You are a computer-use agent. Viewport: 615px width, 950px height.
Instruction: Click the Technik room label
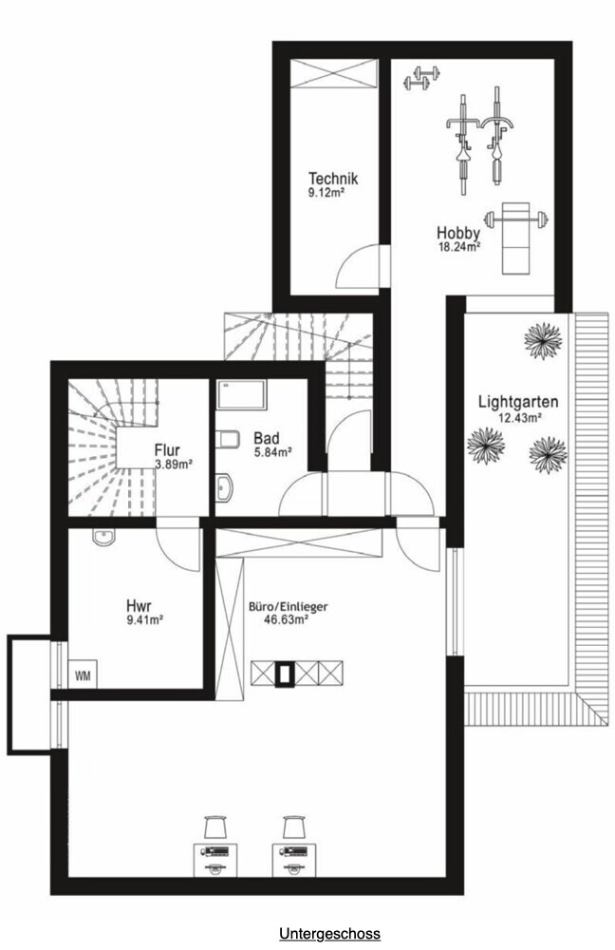[333, 179]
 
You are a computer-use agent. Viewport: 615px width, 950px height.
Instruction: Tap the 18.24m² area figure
[459, 247]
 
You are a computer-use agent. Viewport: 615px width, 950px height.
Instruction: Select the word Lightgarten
[518, 402]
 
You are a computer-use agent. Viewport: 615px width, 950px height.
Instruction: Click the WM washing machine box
[83, 674]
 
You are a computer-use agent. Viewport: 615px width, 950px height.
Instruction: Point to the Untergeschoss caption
[330, 933]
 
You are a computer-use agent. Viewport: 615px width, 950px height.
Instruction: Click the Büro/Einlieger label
[289, 606]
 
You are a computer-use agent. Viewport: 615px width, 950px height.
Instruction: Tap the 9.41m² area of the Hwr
[144, 619]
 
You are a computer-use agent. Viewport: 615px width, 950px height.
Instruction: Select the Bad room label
[267, 438]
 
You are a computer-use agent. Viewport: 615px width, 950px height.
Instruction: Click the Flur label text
[167, 450]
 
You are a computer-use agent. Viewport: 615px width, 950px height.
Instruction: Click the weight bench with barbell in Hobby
[515, 237]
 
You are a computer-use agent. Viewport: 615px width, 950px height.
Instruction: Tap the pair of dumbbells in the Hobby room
[420, 78]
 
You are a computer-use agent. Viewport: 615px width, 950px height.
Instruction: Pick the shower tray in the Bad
[241, 394]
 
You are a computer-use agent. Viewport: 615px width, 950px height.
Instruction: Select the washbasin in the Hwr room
[103, 537]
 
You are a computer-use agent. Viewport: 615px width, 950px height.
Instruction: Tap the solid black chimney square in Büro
[284, 674]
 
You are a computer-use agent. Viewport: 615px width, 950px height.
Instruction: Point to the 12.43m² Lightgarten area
[519, 417]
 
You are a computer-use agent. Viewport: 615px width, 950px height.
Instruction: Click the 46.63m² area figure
[287, 618]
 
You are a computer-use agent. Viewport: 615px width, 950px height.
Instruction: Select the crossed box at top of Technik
[333, 74]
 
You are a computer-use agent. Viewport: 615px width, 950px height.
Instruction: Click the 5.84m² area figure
[272, 451]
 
